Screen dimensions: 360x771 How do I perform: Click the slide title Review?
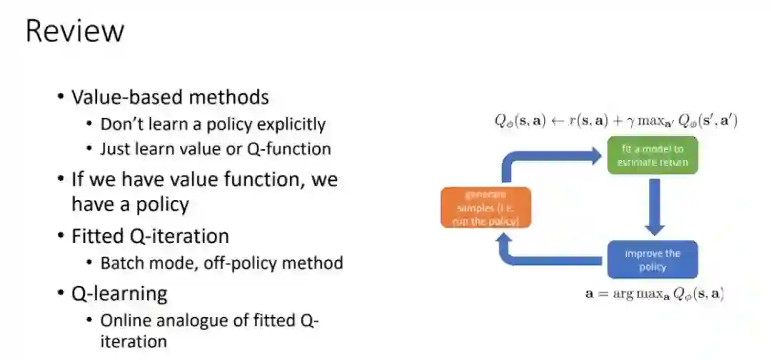tap(75, 31)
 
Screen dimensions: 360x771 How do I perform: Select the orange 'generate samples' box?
tap(486, 208)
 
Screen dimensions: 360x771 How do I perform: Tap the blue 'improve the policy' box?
tap(652, 260)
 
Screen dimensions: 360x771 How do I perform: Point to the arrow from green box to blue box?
tap(653, 208)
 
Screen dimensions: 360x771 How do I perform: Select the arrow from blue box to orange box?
tap(543, 256)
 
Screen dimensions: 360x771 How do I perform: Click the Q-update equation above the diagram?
tap(616, 121)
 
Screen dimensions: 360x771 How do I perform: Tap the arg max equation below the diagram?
tap(653, 293)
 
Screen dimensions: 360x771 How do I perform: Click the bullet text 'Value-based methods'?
tap(170, 97)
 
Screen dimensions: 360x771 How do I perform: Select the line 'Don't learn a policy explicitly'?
tap(213, 124)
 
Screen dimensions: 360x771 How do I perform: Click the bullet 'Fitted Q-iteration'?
tap(150, 236)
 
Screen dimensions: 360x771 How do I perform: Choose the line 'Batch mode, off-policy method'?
tap(221, 263)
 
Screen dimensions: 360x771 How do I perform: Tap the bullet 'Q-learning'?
tap(119, 293)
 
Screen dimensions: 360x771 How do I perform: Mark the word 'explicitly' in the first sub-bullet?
tap(289, 124)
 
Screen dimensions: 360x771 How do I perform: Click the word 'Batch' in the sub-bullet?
tap(121, 263)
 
